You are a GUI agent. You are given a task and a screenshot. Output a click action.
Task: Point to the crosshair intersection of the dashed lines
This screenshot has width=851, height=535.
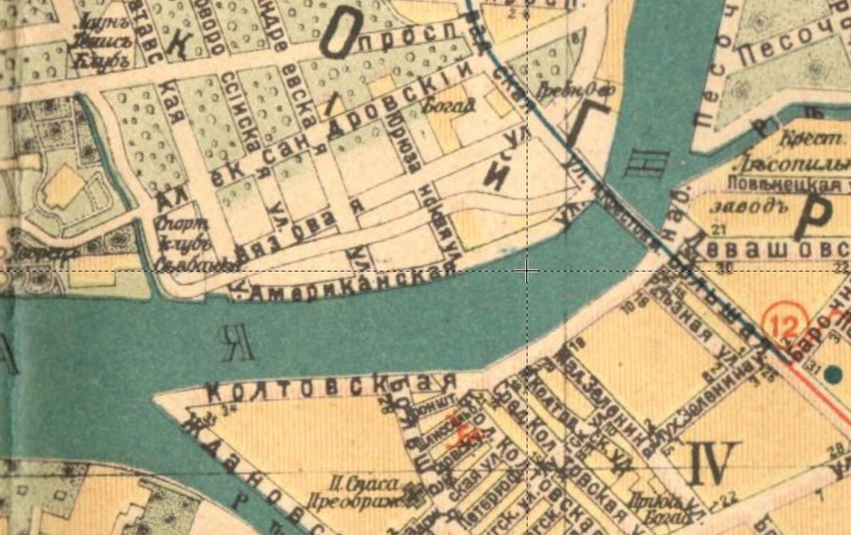coord(527,271)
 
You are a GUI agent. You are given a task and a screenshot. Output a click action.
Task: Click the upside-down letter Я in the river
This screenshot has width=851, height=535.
coord(236,343)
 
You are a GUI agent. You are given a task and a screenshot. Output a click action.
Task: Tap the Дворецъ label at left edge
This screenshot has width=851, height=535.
coord(25,253)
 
